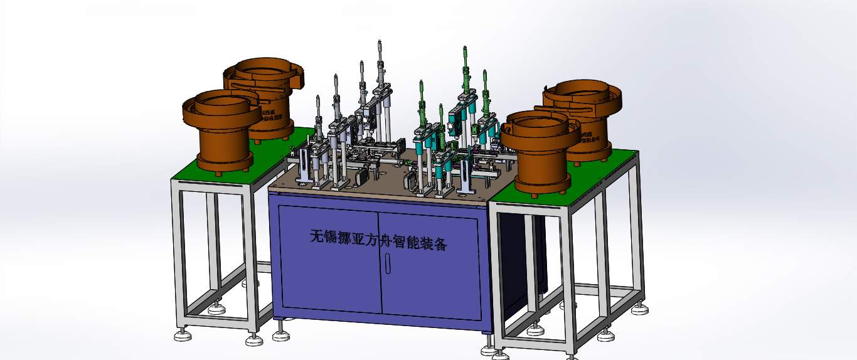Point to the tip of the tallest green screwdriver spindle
pos(464,48)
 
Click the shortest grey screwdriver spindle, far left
pos(318,99)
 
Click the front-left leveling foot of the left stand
pos(183,336)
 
